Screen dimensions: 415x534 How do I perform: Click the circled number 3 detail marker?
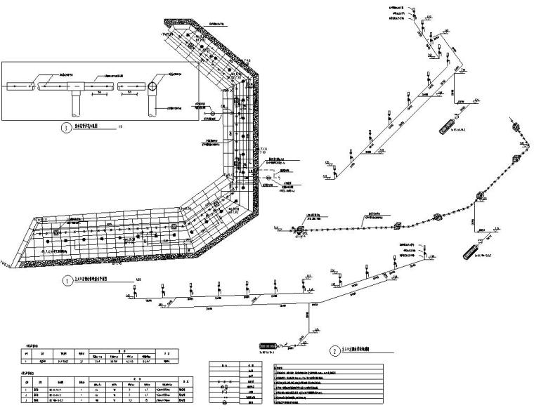coord(66,128)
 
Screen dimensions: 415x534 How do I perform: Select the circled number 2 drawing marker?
coord(334,349)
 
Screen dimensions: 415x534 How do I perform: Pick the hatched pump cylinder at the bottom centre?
coord(269,345)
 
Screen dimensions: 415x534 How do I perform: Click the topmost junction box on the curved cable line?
coord(516,127)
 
